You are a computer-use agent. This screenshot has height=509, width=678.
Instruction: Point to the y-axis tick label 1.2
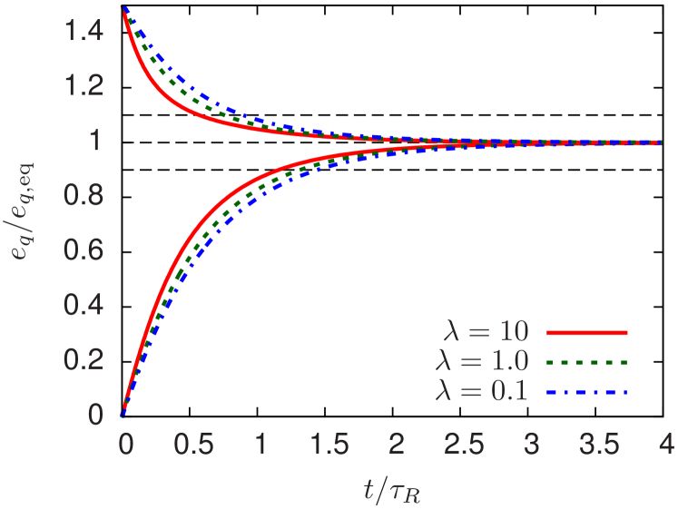84,88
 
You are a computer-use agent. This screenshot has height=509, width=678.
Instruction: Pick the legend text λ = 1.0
481,361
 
